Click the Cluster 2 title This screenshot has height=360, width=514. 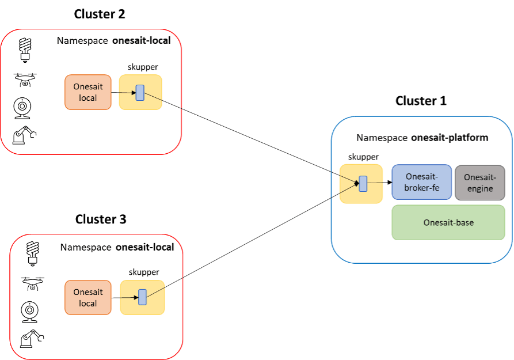point(100,14)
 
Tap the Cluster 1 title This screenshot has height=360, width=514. point(421,101)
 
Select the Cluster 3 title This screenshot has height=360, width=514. point(101,219)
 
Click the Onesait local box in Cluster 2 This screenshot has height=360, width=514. point(88,92)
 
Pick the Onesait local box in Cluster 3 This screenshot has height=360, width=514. point(88,298)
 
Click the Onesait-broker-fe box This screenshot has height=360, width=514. point(422,182)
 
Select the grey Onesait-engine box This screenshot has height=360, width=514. point(479,183)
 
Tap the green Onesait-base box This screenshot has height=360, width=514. point(448,222)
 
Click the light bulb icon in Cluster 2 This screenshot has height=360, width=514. point(25,49)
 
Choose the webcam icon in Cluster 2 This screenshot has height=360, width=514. point(24,108)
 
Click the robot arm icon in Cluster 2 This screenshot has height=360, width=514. point(24,135)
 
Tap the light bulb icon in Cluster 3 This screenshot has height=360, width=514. point(33,254)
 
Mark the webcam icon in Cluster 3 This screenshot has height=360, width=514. point(31,311)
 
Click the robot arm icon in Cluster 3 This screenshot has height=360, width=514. point(32,339)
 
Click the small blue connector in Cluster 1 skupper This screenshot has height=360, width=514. point(363,184)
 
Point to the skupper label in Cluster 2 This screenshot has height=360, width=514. point(143,67)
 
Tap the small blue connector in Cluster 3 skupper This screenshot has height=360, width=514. point(142,297)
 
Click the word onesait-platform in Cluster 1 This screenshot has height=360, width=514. point(450,138)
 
